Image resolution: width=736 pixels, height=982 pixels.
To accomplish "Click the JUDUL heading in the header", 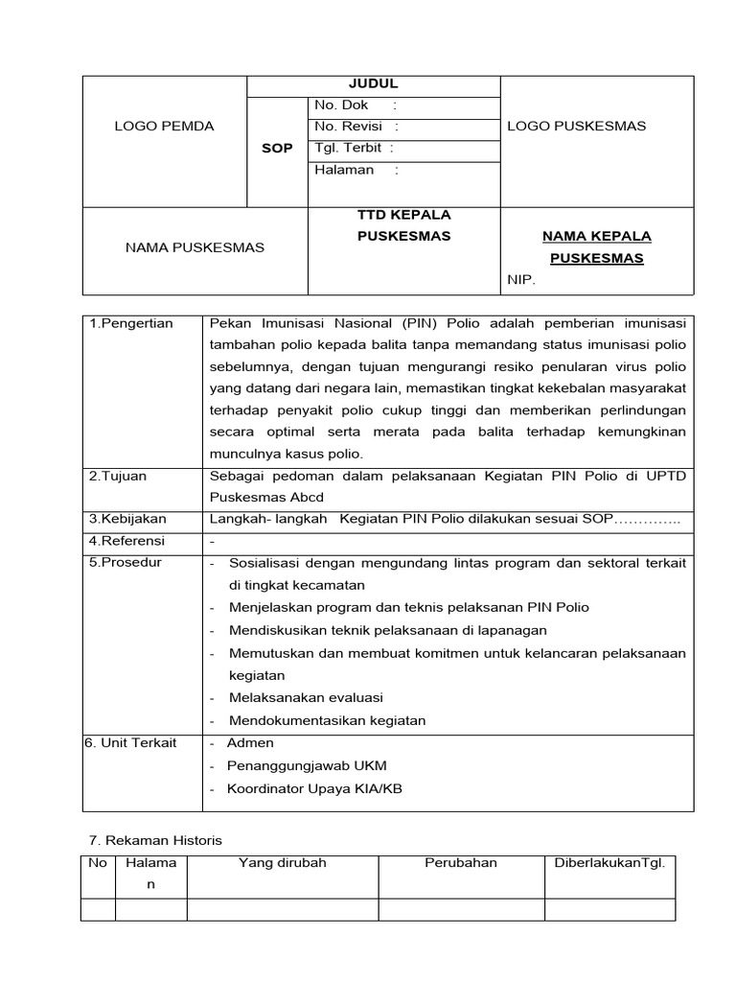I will point(374,84).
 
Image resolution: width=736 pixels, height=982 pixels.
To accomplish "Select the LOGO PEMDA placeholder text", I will point(165,126).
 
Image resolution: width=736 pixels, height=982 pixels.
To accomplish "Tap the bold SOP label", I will point(277,149).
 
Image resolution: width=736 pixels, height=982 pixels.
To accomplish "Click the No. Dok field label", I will point(341,105).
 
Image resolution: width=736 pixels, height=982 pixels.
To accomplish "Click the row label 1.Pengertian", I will point(131,323).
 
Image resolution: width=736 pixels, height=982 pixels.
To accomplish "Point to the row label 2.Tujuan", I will point(118,476).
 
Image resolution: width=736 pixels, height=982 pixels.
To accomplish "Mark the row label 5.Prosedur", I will point(126,563).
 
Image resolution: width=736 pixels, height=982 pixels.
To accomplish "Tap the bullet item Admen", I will point(250,743).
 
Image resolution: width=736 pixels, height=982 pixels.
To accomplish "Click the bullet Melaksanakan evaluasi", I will point(306,698).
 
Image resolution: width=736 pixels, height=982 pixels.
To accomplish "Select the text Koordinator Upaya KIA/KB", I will point(314,789).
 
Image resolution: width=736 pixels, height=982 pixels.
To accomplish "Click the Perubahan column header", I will point(461,862).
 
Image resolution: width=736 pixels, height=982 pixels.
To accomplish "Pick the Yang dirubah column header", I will point(283,862).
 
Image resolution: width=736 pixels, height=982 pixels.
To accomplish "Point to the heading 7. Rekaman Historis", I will point(154,840).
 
